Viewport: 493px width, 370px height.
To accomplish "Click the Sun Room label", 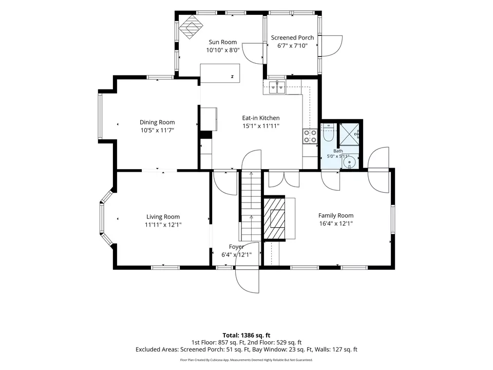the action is click(222, 42).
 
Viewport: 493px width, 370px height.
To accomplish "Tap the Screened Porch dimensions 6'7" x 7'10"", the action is click(292, 46).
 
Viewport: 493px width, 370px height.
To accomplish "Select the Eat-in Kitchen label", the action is click(261, 118).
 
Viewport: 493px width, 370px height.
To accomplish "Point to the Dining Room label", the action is click(157, 122).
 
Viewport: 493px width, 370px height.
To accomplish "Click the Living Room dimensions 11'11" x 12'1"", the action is click(163, 225).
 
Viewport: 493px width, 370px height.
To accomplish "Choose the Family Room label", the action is click(336, 215).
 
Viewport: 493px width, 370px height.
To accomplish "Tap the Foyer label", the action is click(236, 247).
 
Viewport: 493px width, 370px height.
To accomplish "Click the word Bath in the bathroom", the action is click(338, 151).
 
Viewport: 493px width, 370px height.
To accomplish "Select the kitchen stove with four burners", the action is click(310, 136).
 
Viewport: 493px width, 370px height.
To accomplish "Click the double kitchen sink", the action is click(277, 87).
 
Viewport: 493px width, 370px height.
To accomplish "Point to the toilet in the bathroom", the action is click(328, 134).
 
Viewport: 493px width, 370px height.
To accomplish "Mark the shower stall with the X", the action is click(349, 134).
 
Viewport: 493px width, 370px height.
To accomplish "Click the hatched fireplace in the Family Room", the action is click(274, 218).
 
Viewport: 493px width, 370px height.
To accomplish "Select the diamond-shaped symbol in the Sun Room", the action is click(191, 27).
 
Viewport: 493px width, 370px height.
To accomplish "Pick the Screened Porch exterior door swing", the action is click(331, 46).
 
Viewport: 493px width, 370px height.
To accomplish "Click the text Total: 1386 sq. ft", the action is click(246, 336).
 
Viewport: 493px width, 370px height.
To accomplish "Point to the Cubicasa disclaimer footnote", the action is click(246, 360).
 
